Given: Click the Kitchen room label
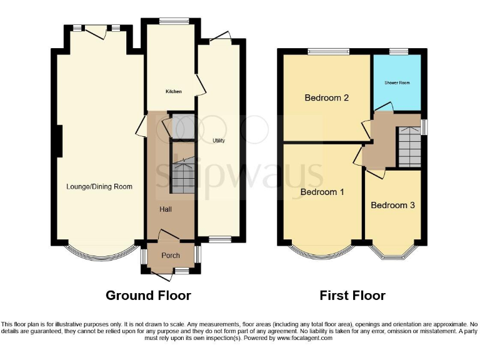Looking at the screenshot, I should (x=173, y=92).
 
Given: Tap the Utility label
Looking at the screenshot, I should (x=218, y=141).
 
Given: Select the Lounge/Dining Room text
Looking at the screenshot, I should (x=99, y=186).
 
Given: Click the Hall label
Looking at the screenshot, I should (x=166, y=209).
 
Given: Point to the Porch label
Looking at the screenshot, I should (x=171, y=255).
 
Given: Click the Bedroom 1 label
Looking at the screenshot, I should (x=322, y=192).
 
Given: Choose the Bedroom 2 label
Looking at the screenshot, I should (x=326, y=97).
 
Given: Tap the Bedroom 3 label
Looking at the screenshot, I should (x=392, y=205).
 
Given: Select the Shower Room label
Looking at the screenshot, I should (x=397, y=82).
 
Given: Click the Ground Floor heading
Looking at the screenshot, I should (x=148, y=295).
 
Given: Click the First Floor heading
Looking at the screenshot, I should (x=352, y=295).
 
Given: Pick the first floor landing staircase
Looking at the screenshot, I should (x=409, y=145).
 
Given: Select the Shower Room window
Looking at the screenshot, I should (x=398, y=51).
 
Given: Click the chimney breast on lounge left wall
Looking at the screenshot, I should (x=59, y=141).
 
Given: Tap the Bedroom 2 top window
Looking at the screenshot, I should (x=322, y=51).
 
